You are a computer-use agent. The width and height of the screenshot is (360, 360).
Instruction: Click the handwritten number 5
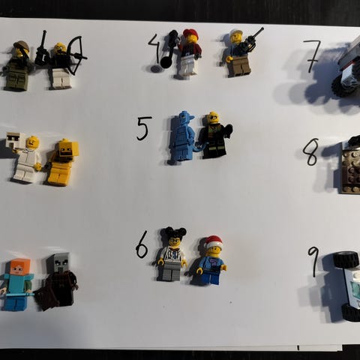coord(144,128)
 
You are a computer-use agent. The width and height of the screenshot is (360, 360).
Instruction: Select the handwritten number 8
coord(310,152)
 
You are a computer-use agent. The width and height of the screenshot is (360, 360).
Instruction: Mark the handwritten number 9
coord(314,260)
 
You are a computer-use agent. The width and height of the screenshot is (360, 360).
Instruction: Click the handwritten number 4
coord(154,49)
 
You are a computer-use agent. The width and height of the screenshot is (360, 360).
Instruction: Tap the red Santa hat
coord(213,241)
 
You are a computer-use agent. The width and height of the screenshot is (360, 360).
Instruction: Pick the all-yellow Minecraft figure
coord(62,162)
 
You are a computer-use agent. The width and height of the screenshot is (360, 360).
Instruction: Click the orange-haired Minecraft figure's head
coord(20,267)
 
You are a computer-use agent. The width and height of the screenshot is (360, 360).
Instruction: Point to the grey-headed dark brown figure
coord(57,282)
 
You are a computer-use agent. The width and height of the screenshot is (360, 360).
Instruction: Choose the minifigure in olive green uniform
coord(17,65)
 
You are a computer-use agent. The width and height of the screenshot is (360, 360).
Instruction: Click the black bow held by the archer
coord(76,55)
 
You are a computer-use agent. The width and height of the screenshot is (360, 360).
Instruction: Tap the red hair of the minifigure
coord(191,34)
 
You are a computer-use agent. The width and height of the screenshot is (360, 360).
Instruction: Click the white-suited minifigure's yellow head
coord(33,142)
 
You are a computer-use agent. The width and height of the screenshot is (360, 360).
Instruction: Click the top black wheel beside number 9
coord(346,259)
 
